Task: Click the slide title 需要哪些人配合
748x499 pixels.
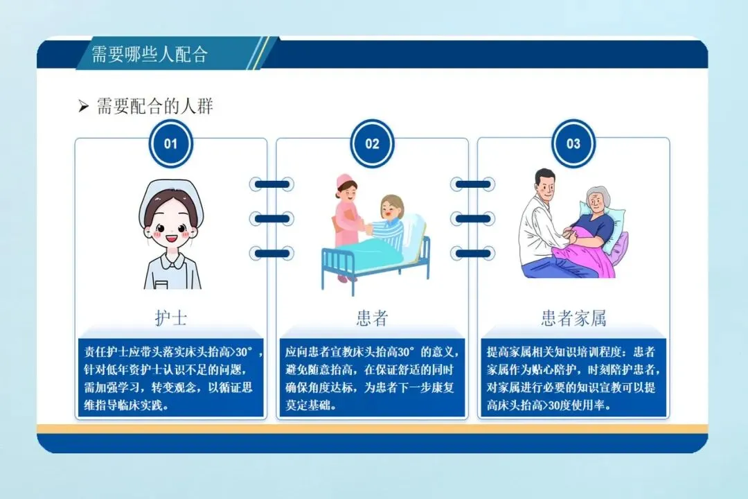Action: click(x=150, y=54)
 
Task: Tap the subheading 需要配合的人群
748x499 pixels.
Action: click(x=154, y=106)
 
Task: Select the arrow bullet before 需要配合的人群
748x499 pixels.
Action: click(x=83, y=107)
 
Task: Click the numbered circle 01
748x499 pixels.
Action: click(x=170, y=144)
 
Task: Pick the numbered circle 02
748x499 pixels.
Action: click(x=372, y=144)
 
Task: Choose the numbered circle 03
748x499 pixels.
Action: click(x=573, y=144)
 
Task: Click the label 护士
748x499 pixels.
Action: click(x=170, y=318)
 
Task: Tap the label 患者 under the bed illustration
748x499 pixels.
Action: click(x=372, y=318)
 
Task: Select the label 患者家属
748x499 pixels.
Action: click(x=573, y=318)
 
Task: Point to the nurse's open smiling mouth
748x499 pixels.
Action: click(x=172, y=244)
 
